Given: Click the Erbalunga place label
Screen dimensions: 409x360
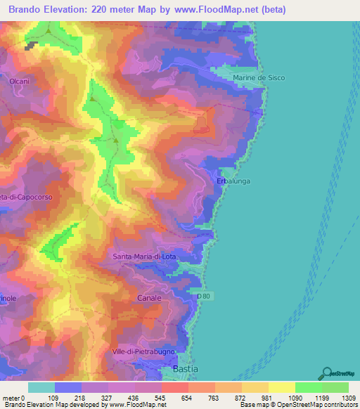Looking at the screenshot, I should tap(234, 181).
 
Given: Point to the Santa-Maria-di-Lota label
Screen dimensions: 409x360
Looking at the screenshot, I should tap(144, 257).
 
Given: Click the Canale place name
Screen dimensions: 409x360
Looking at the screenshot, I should tap(149, 298).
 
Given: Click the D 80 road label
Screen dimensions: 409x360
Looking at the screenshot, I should tap(204, 297).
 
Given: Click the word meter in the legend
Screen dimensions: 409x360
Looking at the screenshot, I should tap(13, 397).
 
